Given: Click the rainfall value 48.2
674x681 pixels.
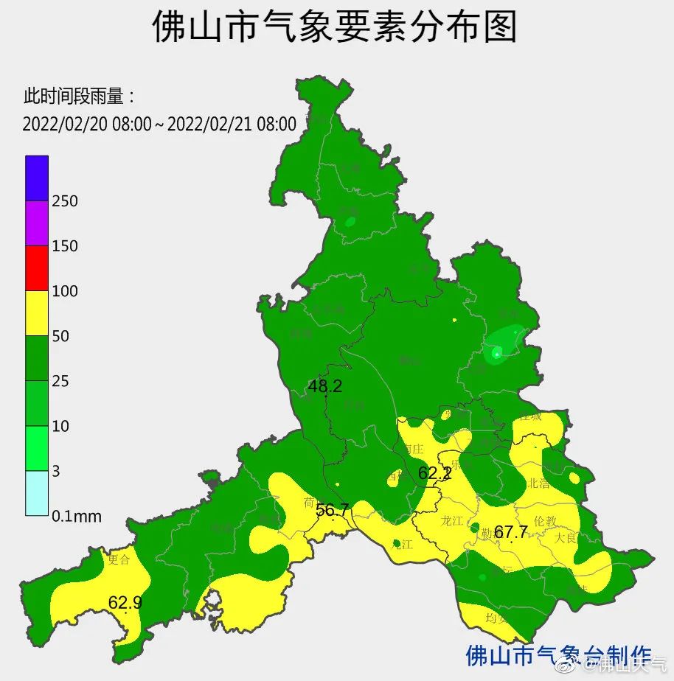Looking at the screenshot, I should [325, 385].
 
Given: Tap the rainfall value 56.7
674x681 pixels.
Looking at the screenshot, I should [333, 510].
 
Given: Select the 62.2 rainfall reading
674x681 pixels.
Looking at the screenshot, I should [434, 473].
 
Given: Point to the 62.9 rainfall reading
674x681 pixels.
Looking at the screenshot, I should [125, 603].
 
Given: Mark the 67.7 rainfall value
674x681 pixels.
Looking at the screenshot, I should [511, 532].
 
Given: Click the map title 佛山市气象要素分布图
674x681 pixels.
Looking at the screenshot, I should [336, 28].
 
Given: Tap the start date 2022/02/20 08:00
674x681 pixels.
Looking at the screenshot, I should [86, 124].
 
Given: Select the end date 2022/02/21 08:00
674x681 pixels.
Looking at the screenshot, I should [232, 124].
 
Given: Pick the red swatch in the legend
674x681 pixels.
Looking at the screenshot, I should [37, 268].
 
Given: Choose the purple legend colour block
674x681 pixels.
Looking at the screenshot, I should [37, 223].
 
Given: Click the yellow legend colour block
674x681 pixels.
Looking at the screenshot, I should [37, 313].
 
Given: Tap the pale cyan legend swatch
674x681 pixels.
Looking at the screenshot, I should [37, 493].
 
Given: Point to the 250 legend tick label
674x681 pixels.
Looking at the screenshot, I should [65, 201].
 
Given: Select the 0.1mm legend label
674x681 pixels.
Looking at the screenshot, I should [77, 517].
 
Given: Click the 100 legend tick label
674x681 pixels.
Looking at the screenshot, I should [65, 291].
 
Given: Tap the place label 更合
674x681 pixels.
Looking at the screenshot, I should [119, 559].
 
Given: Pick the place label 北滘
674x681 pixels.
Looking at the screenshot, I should [539, 483].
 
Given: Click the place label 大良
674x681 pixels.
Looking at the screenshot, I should [566, 537].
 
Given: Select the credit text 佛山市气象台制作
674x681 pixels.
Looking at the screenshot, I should [559, 655].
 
